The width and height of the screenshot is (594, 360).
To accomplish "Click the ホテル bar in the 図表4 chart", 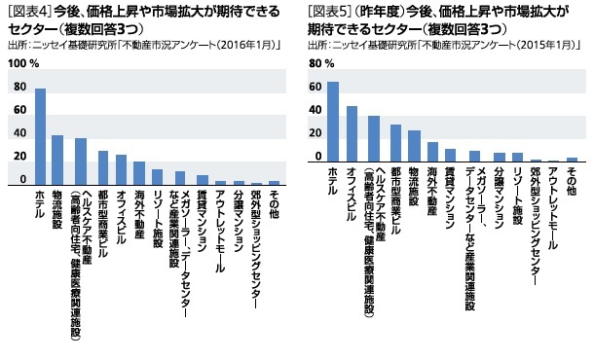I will click(40, 136).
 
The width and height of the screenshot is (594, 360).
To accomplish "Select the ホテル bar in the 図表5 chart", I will click(332, 122).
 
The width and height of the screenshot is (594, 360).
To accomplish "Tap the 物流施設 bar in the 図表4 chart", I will click(57, 160).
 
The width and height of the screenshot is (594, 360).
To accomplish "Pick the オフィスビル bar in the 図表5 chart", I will click(352, 133).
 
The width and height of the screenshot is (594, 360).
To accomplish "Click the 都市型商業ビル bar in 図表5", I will click(395, 143).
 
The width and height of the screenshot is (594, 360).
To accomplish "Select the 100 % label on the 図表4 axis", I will click(21, 63).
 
